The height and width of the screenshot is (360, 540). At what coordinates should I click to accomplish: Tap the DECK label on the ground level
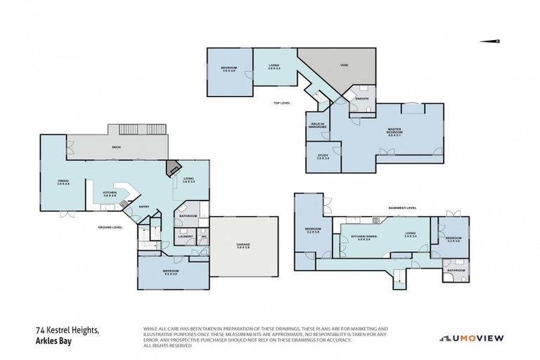click(117, 147)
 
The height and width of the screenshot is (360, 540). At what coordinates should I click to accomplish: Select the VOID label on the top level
click(345, 65)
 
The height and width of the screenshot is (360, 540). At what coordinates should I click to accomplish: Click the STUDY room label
click(323, 155)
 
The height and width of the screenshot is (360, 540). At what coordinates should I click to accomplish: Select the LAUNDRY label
click(186, 236)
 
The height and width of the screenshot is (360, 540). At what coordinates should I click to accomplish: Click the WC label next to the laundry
click(203, 236)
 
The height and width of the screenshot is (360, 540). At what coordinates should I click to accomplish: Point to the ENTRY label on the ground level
click(143, 206)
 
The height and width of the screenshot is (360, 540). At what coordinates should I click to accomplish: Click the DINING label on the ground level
click(63, 182)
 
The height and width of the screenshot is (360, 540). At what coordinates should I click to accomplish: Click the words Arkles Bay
click(54, 342)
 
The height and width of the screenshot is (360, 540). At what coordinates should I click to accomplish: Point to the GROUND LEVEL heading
click(110, 227)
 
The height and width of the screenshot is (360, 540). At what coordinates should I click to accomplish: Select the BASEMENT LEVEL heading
click(403, 208)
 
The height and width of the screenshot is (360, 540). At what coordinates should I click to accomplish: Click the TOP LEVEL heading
click(281, 103)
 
